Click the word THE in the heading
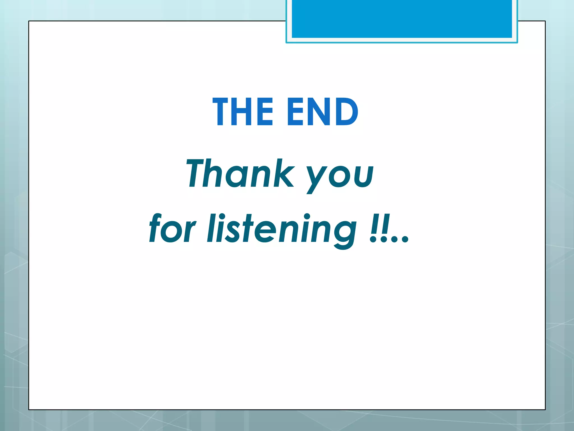coord(243,112)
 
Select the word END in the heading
coord(323,112)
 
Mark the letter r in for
coord(189,232)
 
